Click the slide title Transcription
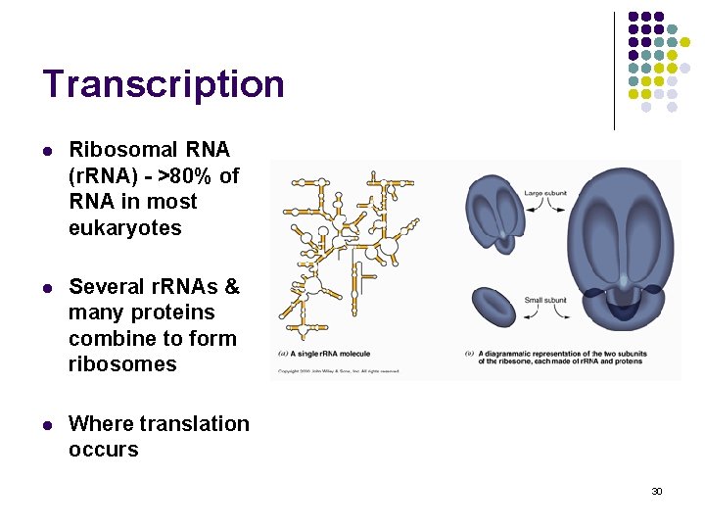pyautogui.click(x=164, y=84)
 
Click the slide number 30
pyautogui.click(x=657, y=491)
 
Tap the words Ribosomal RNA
pyautogui.click(x=149, y=150)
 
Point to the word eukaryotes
pyautogui.click(x=124, y=228)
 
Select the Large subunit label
pyautogui.click(x=546, y=194)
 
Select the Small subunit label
pyautogui.click(x=545, y=300)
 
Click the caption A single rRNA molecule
pyautogui.click(x=324, y=354)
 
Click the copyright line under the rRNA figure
pyautogui.click(x=338, y=371)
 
